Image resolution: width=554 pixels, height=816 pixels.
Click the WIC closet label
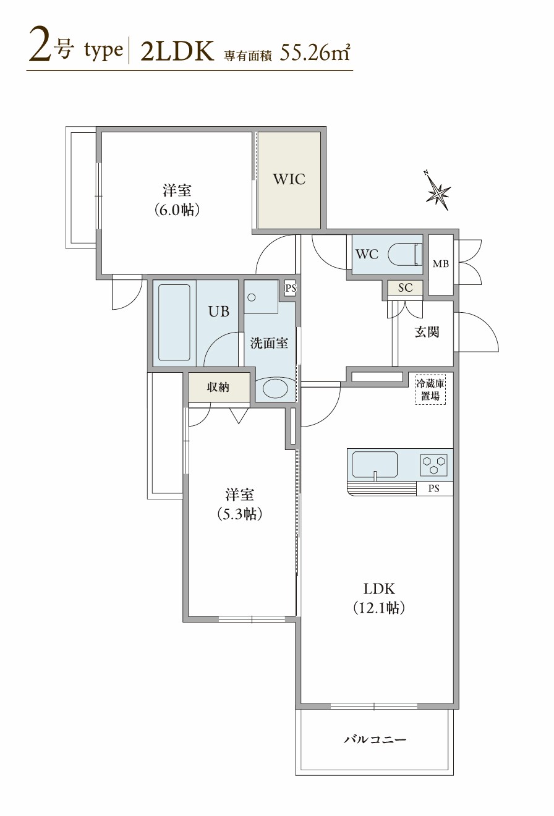[289, 179]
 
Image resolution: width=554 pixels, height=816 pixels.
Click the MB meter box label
[441, 265]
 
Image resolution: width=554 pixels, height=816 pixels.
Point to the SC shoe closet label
[405, 287]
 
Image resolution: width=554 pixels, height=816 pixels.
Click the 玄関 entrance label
[427, 332]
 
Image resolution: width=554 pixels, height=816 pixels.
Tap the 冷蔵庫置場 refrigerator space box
[430, 389]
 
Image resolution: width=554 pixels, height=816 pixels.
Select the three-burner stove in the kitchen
[433, 464]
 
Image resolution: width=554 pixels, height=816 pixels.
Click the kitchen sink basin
[375, 464]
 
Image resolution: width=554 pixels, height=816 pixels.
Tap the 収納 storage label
[218, 387]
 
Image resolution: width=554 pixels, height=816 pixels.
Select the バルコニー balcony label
[375, 739]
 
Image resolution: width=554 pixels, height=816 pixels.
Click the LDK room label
[378, 588]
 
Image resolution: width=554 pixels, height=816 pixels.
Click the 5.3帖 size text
[239, 514]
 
